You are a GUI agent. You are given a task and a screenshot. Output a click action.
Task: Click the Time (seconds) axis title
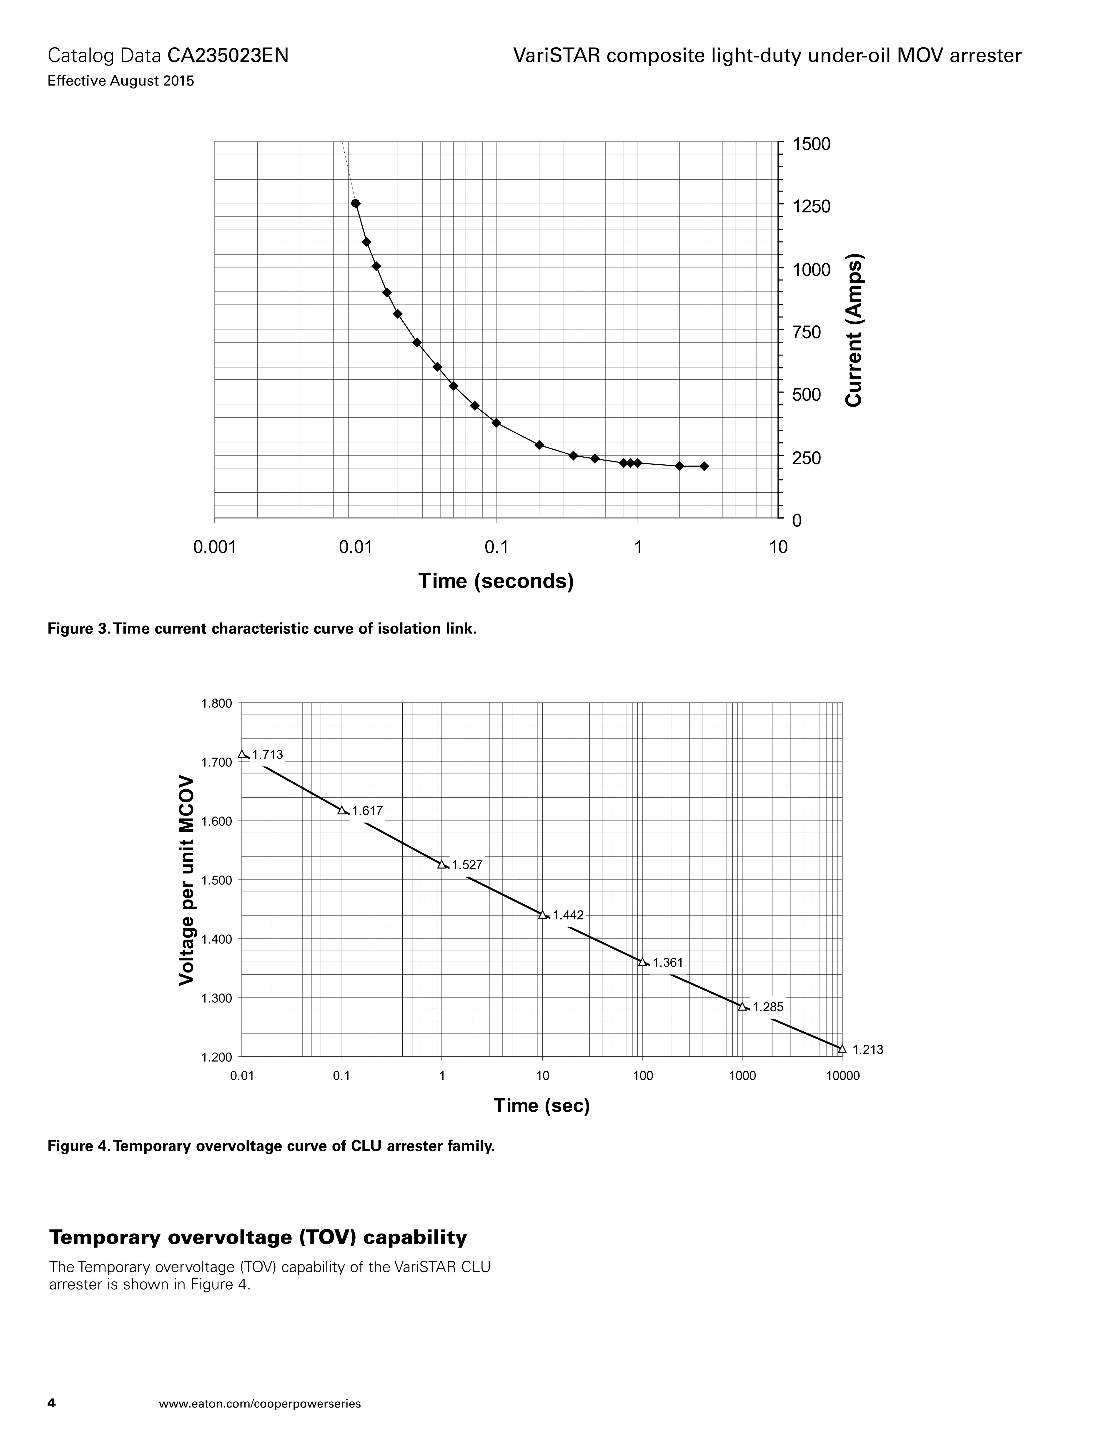pyautogui.click(x=496, y=581)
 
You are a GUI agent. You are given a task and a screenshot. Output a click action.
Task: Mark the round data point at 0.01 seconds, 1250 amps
pyautogui.click(x=355, y=203)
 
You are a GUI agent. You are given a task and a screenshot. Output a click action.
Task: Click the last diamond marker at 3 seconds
pyautogui.click(x=704, y=466)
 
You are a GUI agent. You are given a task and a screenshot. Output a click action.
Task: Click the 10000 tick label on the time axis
pyautogui.click(x=843, y=1076)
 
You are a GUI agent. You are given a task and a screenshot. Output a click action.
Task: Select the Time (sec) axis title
pyautogui.click(x=542, y=1106)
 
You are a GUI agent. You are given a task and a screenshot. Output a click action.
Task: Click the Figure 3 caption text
pyautogui.click(x=262, y=629)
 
